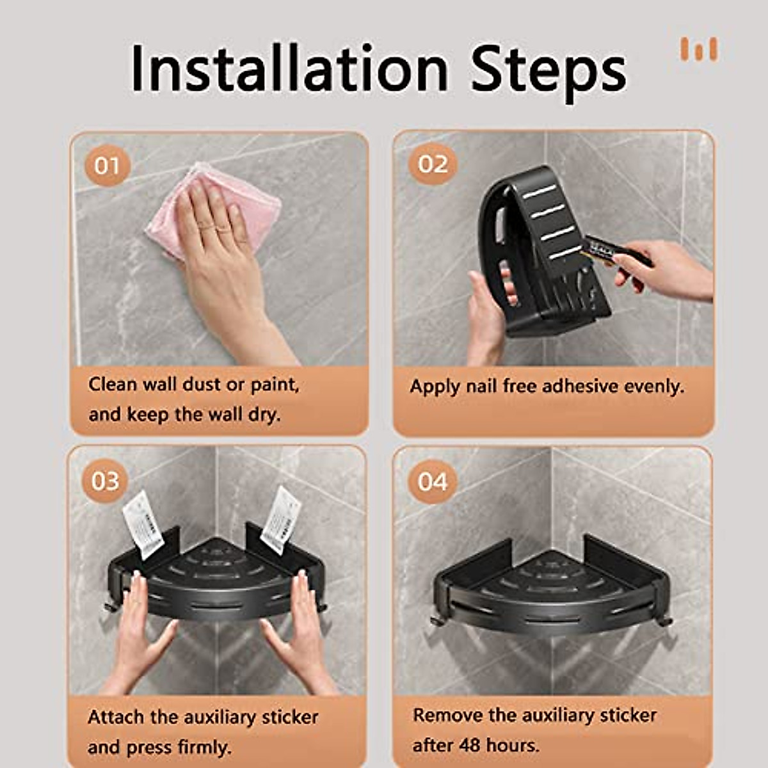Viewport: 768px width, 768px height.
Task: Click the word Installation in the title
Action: click(x=290, y=68)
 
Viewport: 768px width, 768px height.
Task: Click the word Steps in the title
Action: click(x=548, y=72)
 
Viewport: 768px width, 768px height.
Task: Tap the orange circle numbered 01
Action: click(x=108, y=166)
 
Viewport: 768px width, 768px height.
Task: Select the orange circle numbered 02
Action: click(x=433, y=164)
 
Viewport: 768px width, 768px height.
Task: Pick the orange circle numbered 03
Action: click(x=105, y=481)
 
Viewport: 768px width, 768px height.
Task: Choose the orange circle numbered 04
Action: click(x=433, y=481)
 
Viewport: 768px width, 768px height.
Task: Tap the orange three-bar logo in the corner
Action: click(x=700, y=49)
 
